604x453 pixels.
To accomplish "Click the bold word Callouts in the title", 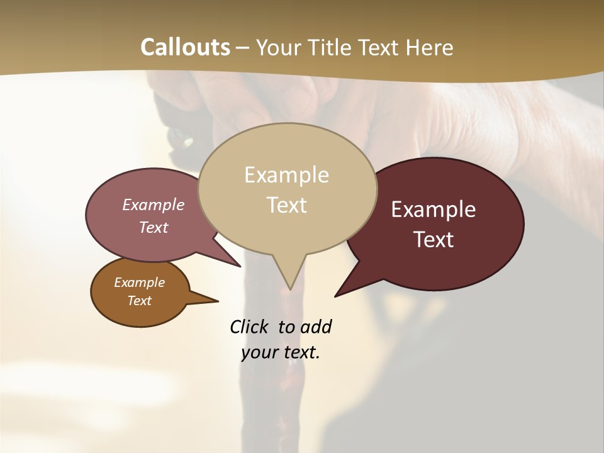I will pos(185,47).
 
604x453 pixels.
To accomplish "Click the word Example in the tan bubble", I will pos(286,175).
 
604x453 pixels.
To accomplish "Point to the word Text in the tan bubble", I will pos(286,205).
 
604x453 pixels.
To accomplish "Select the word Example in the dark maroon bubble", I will pos(433,210).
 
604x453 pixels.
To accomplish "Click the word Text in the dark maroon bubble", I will pos(433,239).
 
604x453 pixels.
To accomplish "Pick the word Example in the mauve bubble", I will pos(154,204).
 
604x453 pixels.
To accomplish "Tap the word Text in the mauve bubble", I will pos(154,227).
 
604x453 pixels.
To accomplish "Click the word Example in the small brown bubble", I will pos(139,282).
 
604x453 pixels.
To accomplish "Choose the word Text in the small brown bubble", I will pos(139,301).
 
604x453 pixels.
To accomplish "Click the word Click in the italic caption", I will pos(250,327).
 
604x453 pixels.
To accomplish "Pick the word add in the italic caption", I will pos(316,327).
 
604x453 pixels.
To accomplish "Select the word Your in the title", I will pos(277,47).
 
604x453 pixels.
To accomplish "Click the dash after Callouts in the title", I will pos(243,48).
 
